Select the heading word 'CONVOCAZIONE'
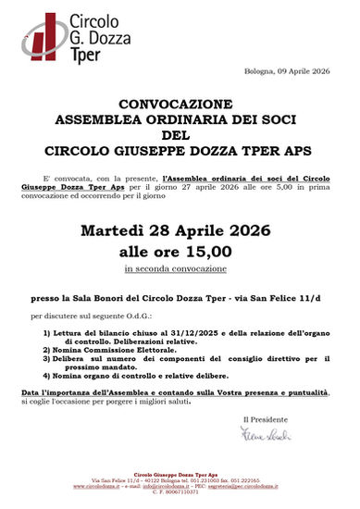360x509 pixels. click(x=180, y=106)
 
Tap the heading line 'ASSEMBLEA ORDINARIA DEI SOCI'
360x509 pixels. click(x=180, y=119)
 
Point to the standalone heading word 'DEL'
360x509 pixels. click(x=180, y=133)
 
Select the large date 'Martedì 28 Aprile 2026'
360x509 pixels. click(x=180, y=230)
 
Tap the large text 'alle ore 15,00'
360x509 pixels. click(x=180, y=250)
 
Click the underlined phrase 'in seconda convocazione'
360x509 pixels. click(x=180, y=268)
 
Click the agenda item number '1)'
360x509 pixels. click(x=47, y=333)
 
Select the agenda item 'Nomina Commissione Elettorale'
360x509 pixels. click(x=104, y=350)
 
